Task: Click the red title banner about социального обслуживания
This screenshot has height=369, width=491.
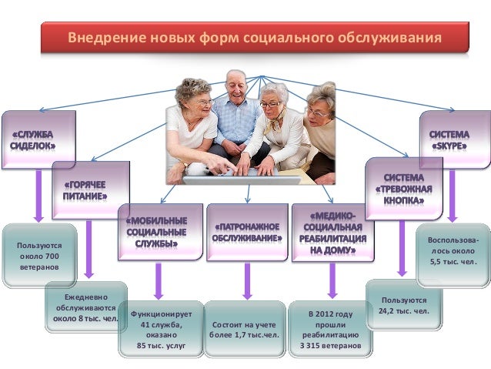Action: tap(254, 38)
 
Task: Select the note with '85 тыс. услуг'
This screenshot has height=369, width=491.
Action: tap(162, 330)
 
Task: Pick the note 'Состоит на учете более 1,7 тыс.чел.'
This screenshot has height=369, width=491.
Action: tap(245, 330)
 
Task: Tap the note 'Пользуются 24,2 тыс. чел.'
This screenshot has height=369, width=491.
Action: tap(402, 304)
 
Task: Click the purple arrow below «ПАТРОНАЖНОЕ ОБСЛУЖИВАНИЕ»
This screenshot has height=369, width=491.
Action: tap(246, 280)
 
